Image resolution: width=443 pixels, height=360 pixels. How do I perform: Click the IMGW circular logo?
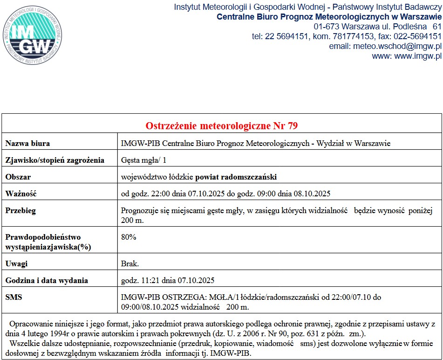pyautogui.click(x=32, y=32)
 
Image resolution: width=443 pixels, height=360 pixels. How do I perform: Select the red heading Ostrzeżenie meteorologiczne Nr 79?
pyautogui.click(x=222, y=126)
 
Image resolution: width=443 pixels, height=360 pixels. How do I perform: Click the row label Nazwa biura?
pyautogui.click(x=27, y=143)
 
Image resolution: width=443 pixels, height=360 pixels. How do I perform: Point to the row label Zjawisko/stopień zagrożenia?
pyautogui.click(x=55, y=160)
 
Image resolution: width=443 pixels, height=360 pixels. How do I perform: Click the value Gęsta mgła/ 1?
pyautogui.click(x=143, y=160)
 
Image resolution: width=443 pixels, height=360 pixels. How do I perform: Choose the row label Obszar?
pyautogui.click(x=18, y=177)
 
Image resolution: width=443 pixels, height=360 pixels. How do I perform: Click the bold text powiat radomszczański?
pyautogui.click(x=236, y=177)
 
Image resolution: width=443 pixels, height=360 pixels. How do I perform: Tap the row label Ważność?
pyautogui.click(x=20, y=194)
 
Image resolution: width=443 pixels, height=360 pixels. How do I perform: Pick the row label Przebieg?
pyautogui.click(x=20, y=210)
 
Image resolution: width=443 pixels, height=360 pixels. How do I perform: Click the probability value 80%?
pyautogui.click(x=129, y=237)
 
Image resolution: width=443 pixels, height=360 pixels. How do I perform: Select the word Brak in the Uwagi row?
pyautogui.click(x=129, y=263)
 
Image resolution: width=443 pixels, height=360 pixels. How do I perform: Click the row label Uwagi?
pyautogui.click(x=16, y=263)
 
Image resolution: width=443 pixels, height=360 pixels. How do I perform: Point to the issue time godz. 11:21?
pyautogui.click(x=139, y=280)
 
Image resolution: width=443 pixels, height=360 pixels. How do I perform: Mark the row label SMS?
pyautogui.click(x=14, y=297)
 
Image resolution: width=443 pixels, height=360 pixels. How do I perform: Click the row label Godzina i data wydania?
pyautogui.click(x=47, y=280)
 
